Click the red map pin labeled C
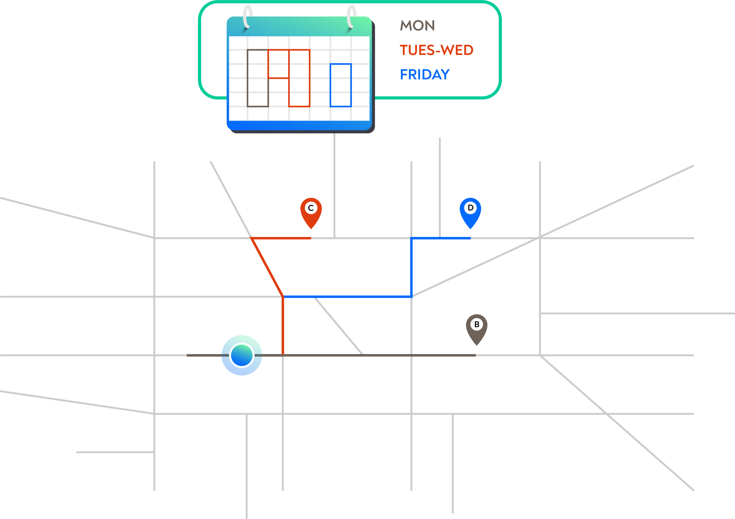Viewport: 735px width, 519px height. pyautogui.click(x=311, y=211)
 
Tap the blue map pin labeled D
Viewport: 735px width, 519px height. pyautogui.click(x=470, y=211)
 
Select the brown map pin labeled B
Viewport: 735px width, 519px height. pyautogui.click(x=477, y=328)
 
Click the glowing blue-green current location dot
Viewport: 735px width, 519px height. pyautogui.click(x=242, y=355)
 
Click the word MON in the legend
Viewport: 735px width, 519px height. pyautogui.click(x=417, y=25)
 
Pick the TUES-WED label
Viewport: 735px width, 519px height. pyautogui.click(x=437, y=50)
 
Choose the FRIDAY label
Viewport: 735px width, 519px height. pyautogui.click(x=425, y=74)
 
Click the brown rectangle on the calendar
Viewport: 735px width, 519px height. pyautogui.click(x=248, y=78)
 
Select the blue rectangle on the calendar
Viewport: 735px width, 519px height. pyautogui.click(x=330, y=85)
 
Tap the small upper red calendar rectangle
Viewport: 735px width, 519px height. pyautogui.click(x=278, y=50)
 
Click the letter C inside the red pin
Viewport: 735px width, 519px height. pyautogui.click(x=310, y=208)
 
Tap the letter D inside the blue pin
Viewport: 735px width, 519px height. pyautogui.click(x=471, y=208)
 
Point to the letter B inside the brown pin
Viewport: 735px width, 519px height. pyautogui.click(x=477, y=324)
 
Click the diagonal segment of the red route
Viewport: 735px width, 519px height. pyautogui.click(x=267, y=267)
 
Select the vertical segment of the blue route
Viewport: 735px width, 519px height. pyautogui.click(x=411, y=267)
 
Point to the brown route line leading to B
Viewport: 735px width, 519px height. pyautogui.click(x=331, y=355)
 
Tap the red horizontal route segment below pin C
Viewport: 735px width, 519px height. pyautogui.click(x=281, y=238)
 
